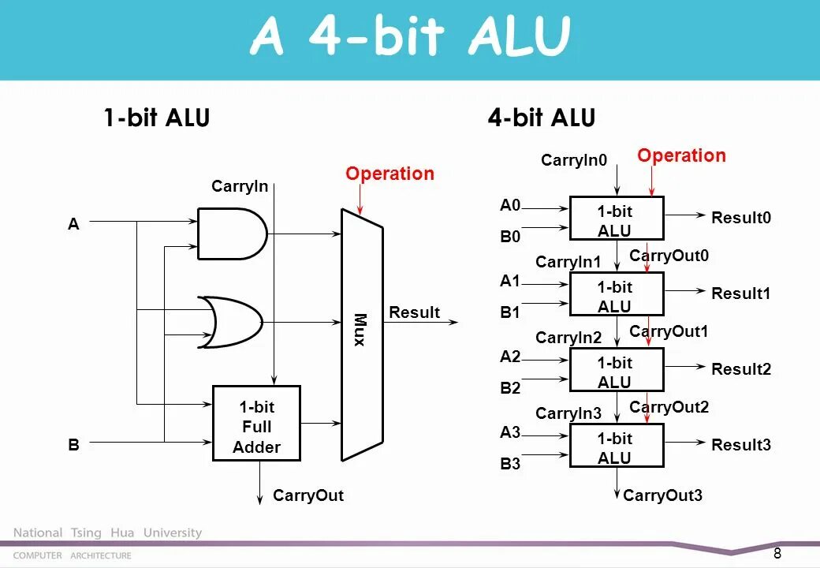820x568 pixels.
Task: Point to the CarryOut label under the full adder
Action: pos(308,495)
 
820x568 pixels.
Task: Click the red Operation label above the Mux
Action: pos(389,174)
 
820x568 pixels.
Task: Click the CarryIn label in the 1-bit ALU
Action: pos(240,186)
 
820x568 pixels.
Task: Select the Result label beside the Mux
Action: pos(414,312)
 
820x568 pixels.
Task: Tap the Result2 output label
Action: pos(741,369)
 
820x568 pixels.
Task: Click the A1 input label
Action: pos(510,281)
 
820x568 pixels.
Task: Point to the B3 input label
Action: pos(510,464)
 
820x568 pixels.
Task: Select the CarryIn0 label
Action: pos(574,160)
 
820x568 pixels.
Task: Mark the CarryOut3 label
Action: pos(662,495)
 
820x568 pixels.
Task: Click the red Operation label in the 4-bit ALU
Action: pos(681,155)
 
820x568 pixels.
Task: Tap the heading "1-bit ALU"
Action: pos(157,118)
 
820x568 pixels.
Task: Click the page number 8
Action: pos(777,553)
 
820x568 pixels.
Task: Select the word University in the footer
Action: pos(173,533)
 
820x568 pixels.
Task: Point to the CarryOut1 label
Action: pos(669,331)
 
